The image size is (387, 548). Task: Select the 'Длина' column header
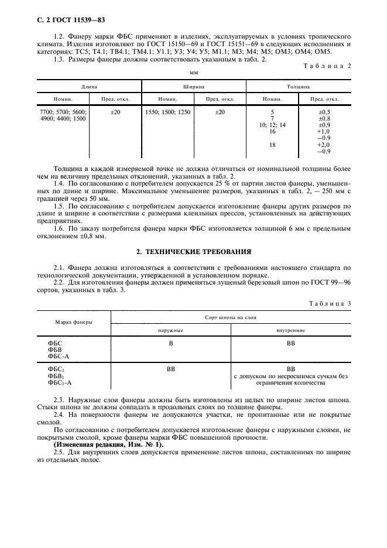[90, 85]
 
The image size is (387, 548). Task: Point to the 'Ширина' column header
[193, 85]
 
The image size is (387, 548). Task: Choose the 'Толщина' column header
[298, 85]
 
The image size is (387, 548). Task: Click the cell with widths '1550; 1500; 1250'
[168, 112]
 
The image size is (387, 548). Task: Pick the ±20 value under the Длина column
[115, 112]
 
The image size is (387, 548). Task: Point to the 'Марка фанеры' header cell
[74, 322]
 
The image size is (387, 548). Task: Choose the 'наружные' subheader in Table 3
[171, 330]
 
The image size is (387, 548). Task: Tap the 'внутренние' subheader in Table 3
[290, 330]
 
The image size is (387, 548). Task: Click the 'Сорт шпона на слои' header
[231, 316]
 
